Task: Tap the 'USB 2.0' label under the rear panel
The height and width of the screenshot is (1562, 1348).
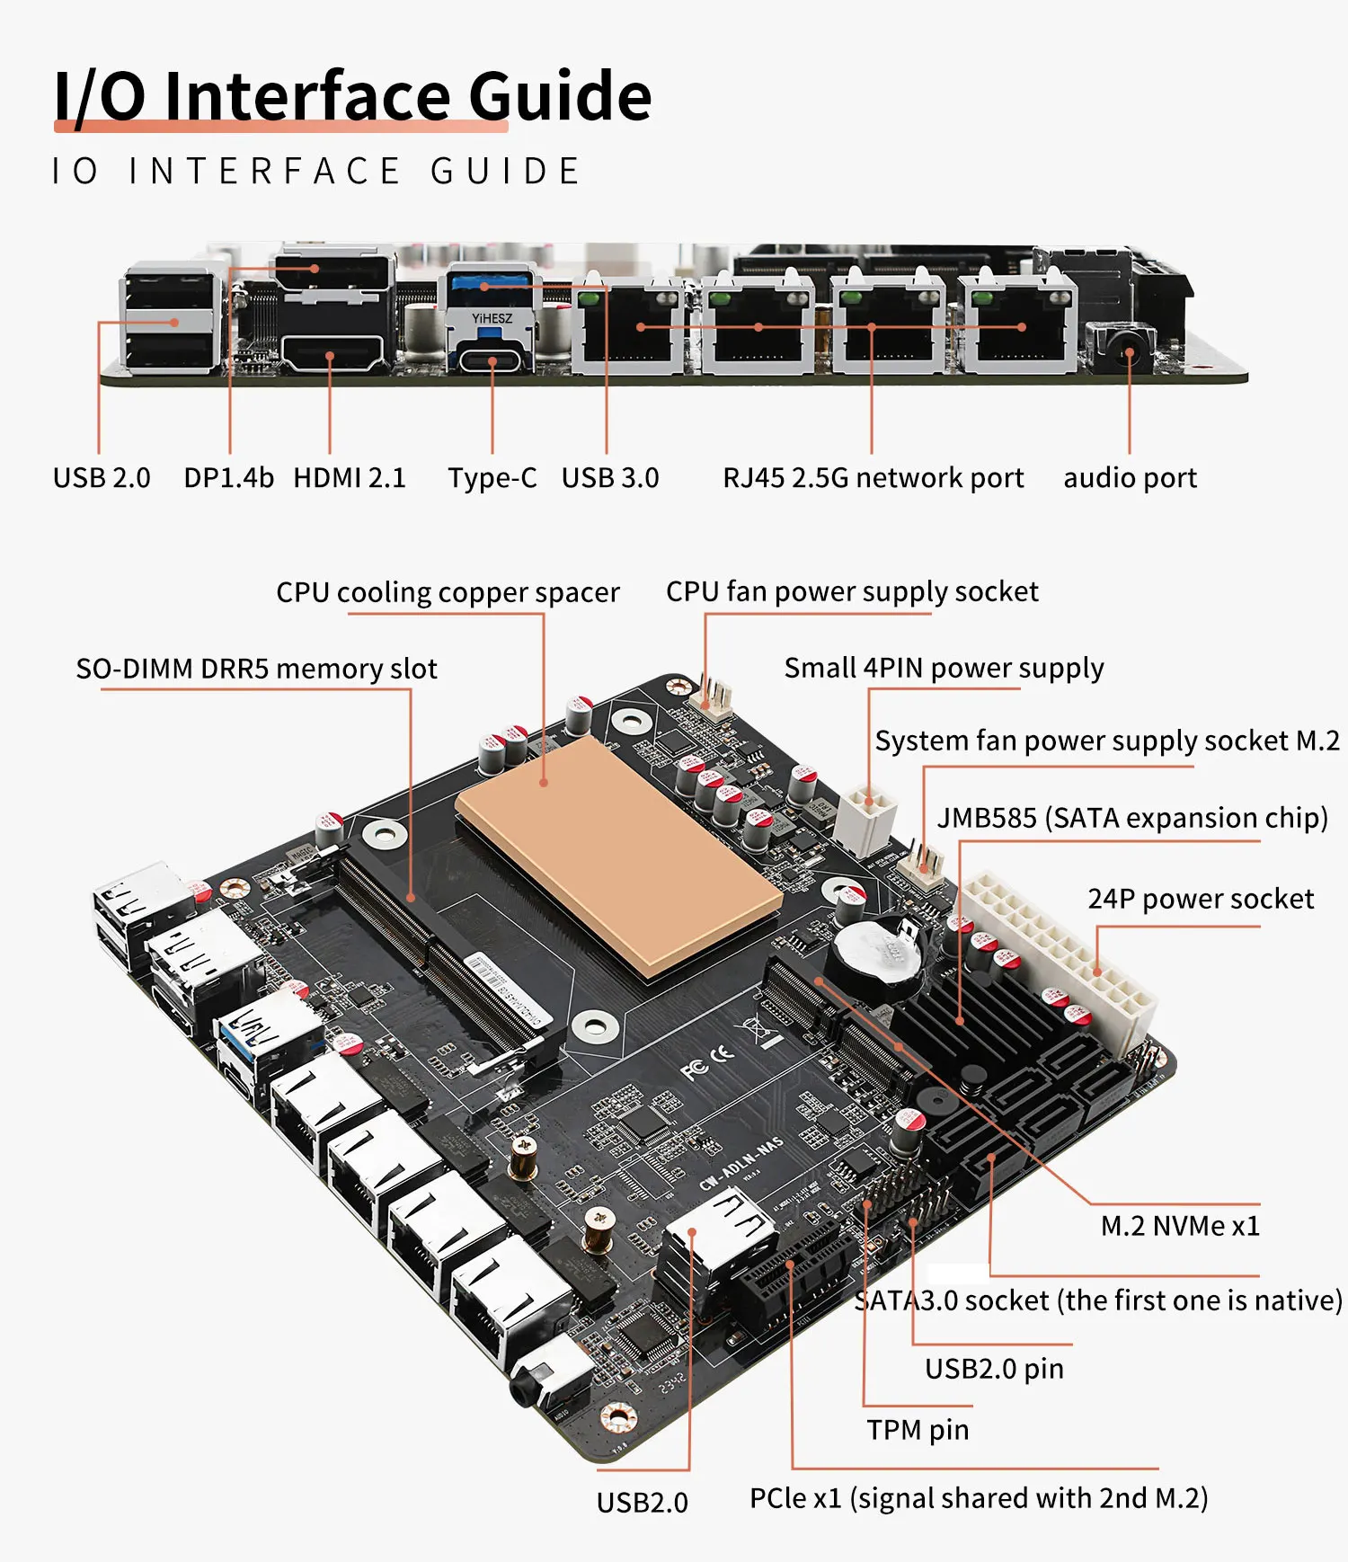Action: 102,477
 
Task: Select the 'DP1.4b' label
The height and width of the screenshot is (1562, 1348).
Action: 228,477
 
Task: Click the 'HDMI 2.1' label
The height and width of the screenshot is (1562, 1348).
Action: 350,477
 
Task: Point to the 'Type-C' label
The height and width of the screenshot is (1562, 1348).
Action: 492,478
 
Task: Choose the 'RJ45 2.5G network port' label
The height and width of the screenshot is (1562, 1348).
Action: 874,478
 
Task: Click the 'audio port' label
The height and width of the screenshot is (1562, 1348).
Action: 1131,478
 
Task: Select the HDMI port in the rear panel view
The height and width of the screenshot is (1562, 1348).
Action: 332,353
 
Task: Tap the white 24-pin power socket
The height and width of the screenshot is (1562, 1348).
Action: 1058,962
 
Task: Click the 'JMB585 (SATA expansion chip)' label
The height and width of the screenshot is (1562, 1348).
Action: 1132,818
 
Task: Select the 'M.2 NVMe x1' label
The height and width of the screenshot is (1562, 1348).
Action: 1180,1226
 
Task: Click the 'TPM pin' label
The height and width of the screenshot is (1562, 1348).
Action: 918,1430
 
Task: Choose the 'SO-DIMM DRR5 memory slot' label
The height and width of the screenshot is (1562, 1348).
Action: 257,669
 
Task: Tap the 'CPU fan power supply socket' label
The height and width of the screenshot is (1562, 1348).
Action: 852,591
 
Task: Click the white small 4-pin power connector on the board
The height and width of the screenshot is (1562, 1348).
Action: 865,817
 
